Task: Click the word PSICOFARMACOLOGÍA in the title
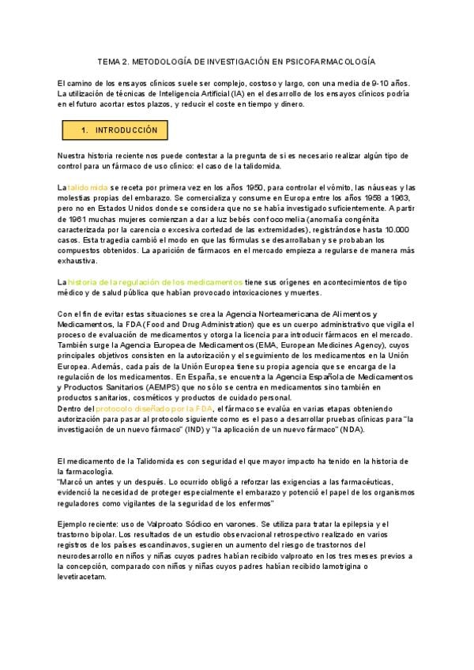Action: click(x=331, y=60)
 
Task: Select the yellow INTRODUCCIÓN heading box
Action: click(x=115, y=130)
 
